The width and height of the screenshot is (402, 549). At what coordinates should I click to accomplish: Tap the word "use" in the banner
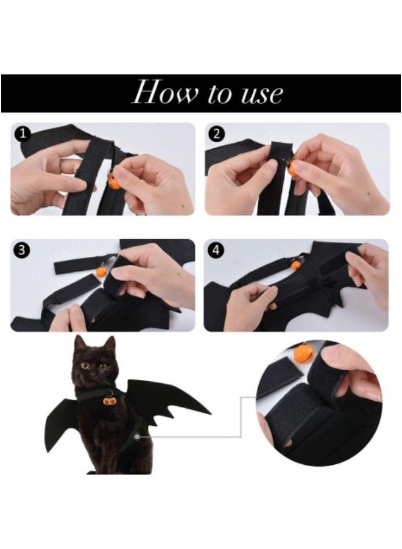(x=262, y=94)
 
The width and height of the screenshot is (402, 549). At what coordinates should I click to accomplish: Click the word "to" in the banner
(x=220, y=93)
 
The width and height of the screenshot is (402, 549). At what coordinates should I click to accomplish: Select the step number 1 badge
(x=23, y=134)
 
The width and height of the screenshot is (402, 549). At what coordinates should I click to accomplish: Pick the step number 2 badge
(x=217, y=134)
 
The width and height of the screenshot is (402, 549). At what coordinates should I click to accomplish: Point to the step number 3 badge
(x=22, y=250)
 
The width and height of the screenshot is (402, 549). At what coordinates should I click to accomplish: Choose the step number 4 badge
(x=216, y=250)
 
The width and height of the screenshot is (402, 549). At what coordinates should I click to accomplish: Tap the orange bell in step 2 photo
(x=293, y=168)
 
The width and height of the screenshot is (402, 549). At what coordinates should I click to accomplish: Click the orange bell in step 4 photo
(x=296, y=265)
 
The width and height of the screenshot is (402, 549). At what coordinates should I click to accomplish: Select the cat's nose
(x=93, y=373)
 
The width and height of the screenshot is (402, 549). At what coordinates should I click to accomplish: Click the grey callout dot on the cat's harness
(x=138, y=437)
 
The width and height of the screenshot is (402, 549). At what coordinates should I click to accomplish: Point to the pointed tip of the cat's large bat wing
(x=210, y=414)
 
